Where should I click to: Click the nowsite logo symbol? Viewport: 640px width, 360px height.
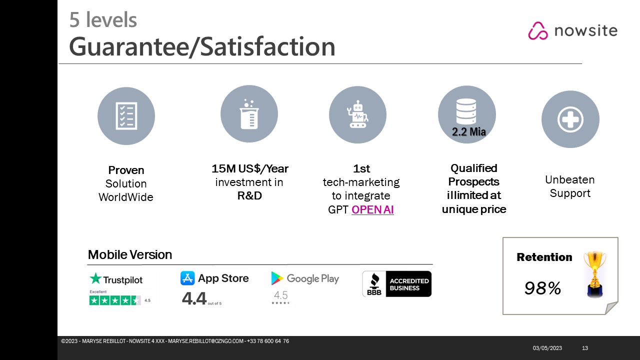[x=537, y=30]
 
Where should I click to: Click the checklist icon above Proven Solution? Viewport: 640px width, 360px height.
[x=126, y=116]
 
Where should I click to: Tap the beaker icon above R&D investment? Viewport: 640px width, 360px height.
[x=249, y=114]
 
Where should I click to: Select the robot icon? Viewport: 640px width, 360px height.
[x=357, y=114]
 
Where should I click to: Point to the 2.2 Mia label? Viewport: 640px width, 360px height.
[x=469, y=131]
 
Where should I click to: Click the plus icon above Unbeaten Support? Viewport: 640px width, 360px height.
[x=570, y=119]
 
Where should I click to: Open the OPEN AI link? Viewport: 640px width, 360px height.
[x=372, y=209]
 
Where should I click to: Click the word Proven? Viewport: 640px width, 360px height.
[x=126, y=170]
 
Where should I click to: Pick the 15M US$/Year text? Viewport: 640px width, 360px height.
[x=249, y=168]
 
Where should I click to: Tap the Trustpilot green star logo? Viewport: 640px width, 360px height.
[x=95, y=278]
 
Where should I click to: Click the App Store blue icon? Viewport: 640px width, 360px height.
[x=187, y=278]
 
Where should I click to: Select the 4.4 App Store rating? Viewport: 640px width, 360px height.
[x=194, y=298]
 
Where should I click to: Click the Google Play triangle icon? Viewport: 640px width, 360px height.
[x=276, y=278]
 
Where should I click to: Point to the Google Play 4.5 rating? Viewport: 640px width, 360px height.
[x=280, y=295]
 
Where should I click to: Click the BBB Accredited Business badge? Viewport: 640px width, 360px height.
[x=397, y=283]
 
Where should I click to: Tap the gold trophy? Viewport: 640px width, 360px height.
[x=595, y=274]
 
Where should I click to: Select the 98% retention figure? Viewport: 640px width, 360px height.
[x=542, y=288]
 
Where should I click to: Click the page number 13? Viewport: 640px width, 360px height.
[x=585, y=348]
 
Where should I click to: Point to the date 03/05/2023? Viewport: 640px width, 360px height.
[x=547, y=348]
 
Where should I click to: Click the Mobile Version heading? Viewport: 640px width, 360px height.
[x=129, y=254]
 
